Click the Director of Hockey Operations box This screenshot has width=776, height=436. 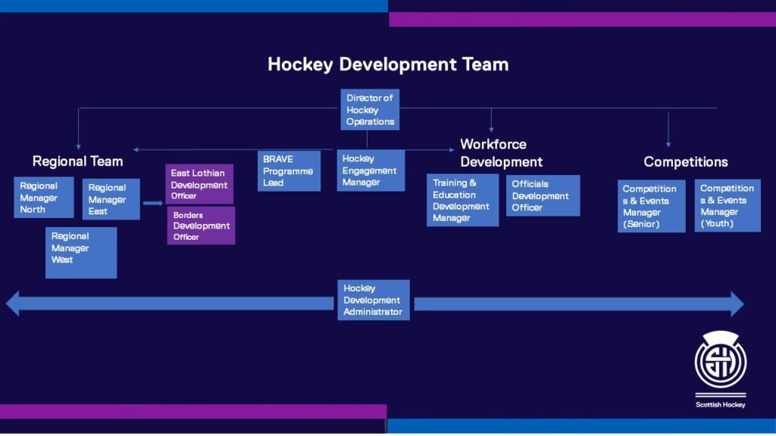(370, 110)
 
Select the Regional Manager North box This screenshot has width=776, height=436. (44, 198)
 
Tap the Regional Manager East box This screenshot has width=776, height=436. (111, 199)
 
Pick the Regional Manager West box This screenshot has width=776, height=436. (81, 253)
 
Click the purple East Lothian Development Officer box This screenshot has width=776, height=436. (200, 185)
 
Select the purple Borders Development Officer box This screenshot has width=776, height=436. (201, 226)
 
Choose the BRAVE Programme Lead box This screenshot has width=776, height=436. (289, 171)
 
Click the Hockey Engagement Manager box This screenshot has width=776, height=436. (371, 170)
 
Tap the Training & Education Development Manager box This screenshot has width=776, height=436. (462, 200)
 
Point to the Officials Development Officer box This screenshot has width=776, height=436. (543, 195)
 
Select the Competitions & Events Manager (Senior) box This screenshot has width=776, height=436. (651, 206)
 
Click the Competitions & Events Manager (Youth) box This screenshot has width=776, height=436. (727, 205)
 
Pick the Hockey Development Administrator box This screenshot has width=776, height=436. (374, 300)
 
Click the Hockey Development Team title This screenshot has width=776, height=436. (388, 64)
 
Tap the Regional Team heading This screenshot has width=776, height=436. (77, 161)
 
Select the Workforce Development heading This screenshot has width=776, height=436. (501, 153)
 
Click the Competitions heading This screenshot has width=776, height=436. (686, 162)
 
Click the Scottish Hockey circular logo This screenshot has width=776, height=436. (721, 363)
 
